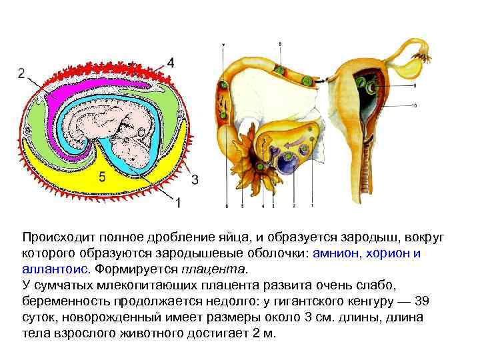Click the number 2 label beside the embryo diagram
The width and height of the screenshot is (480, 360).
click(23, 73)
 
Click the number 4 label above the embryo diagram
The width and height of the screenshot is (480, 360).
click(171, 63)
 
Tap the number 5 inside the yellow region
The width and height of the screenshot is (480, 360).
click(101, 177)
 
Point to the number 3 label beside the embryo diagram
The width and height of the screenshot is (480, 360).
click(195, 179)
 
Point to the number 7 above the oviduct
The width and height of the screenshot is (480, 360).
click(223, 45)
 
